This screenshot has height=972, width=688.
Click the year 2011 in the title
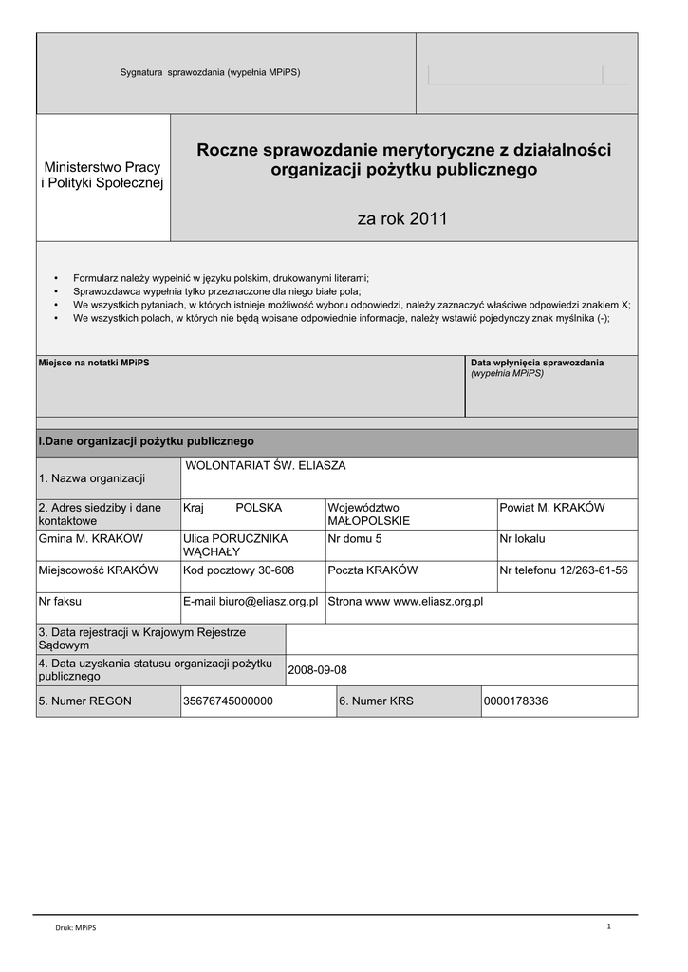427,219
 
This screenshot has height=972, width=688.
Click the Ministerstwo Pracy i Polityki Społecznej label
103,175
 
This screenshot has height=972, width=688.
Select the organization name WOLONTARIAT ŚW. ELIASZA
265,466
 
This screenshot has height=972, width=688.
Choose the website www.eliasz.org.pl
438,602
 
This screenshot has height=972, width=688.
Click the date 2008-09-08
318,670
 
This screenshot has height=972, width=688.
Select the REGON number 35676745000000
228,701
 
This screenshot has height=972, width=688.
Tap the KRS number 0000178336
516,701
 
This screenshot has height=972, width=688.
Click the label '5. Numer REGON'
84,701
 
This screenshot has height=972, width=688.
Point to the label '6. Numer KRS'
376,701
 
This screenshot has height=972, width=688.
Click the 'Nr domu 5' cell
355,539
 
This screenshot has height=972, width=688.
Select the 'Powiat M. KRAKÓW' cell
552,508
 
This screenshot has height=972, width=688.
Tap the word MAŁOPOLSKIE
369,521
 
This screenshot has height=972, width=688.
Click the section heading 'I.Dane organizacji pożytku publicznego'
146,441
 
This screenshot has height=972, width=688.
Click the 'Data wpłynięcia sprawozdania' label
537,363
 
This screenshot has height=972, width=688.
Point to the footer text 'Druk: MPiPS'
75,927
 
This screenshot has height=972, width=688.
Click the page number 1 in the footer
608,925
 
